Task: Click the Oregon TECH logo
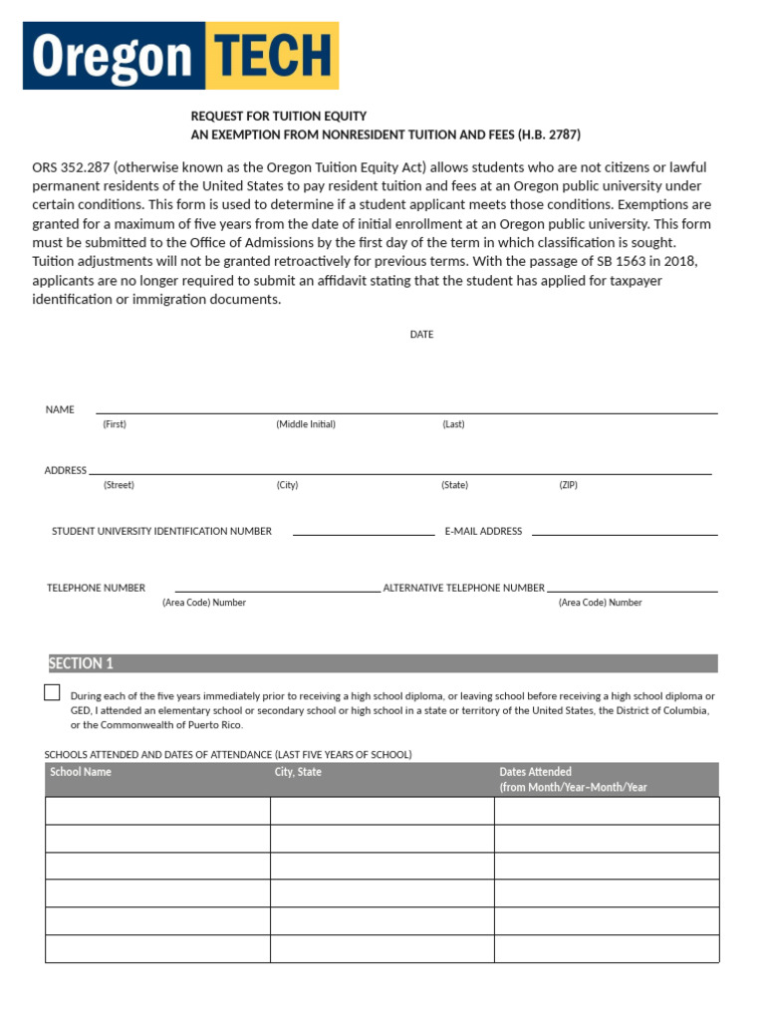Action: point(182,56)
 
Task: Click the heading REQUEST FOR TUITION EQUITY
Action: point(279,117)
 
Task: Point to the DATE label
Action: point(421,335)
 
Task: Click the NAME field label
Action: point(60,409)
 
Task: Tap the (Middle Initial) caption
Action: point(306,424)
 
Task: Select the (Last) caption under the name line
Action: point(453,424)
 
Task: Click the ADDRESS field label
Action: point(65,470)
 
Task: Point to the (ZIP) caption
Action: point(568,485)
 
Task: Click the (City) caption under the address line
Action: point(287,485)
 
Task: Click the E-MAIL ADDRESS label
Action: point(483,532)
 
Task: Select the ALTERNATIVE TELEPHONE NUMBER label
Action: point(463,588)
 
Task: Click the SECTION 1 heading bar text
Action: point(82,663)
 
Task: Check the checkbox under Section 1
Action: point(52,692)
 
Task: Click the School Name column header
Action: point(81,772)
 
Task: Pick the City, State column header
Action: point(298,772)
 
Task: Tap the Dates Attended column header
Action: point(535,772)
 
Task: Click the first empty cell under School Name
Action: point(157,811)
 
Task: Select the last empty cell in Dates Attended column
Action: point(606,949)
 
